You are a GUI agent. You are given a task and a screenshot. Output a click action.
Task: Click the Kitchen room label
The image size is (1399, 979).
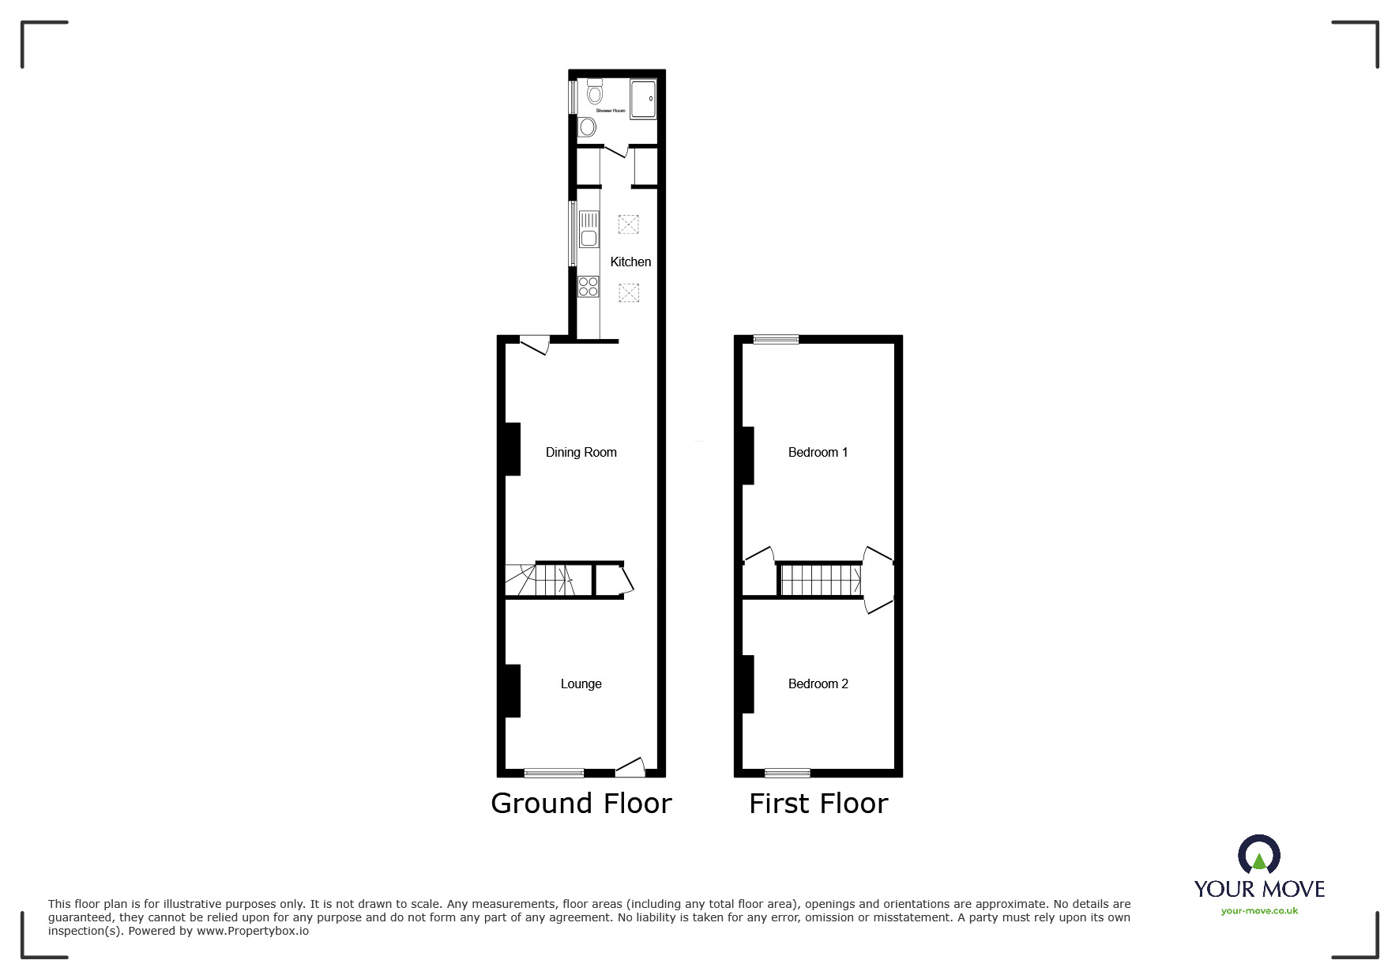(x=630, y=262)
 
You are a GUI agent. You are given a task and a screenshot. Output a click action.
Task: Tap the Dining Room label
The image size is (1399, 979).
(x=581, y=452)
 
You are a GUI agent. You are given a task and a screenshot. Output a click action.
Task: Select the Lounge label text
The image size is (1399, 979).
(x=581, y=683)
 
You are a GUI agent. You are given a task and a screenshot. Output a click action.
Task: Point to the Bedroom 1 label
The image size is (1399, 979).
(x=818, y=452)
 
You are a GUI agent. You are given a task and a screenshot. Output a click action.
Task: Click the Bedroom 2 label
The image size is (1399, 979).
(x=818, y=683)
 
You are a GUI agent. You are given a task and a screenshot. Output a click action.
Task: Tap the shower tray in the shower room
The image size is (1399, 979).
(x=643, y=99)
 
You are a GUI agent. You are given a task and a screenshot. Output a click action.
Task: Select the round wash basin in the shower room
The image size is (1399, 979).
(x=587, y=126)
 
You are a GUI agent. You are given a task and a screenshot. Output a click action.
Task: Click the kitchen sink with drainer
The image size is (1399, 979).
(x=589, y=229)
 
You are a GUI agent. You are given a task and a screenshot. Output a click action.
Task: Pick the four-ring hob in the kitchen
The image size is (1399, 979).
(x=589, y=286)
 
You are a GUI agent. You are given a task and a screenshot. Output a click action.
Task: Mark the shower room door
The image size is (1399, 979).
(x=615, y=150)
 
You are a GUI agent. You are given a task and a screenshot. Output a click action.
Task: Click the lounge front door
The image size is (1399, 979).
(x=630, y=766)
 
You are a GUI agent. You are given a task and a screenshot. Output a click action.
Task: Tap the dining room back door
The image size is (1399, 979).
(x=534, y=345)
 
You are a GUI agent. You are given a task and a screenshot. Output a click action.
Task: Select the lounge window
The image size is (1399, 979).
(x=554, y=773)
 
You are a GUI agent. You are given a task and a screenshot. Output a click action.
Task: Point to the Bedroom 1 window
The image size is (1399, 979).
(x=776, y=340)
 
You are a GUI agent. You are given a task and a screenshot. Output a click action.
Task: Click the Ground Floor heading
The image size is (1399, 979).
(x=581, y=804)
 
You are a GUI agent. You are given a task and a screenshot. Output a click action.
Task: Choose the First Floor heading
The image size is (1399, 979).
(x=818, y=804)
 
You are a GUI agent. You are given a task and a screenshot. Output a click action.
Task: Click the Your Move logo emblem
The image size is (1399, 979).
(x=1259, y=856)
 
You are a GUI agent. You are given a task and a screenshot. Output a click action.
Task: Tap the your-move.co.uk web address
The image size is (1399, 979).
(x=1259, y=911)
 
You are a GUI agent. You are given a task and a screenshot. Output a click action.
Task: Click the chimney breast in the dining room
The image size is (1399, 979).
(x=513, y=449)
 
